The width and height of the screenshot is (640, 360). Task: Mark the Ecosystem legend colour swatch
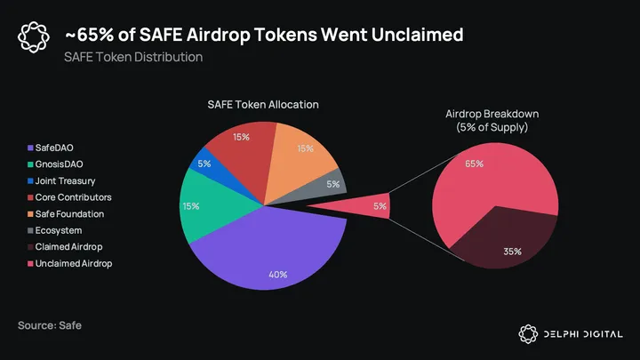click(x=31, y=231)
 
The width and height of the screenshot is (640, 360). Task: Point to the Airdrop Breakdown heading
click(x=492, y=120)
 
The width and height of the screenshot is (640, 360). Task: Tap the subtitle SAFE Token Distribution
click(x=133, y=57)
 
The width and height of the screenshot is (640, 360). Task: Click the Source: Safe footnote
click(x=50, y=325)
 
